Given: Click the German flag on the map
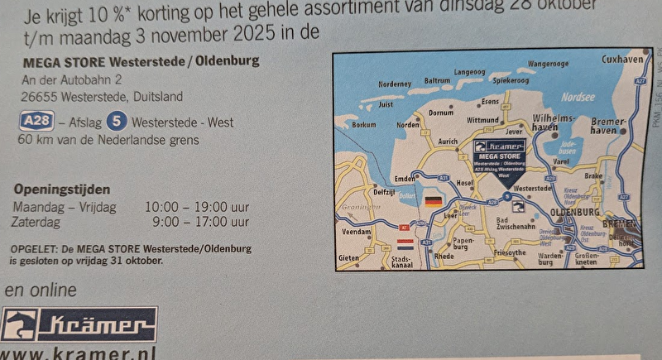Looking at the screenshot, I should click(x=432, y=201).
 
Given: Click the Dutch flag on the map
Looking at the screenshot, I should click(x=405, y=244).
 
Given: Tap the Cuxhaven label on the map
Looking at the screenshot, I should click(x=622, y=60).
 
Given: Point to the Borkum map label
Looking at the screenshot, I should click(x=364, y=125).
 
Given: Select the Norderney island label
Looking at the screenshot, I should click(x=394, y=84).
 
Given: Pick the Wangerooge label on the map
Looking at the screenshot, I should click(x=548, y=64).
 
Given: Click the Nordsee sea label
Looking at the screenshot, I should click(x=578, y=97).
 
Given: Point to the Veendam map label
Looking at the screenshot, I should click(x=357, y=233).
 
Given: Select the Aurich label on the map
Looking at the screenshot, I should click(x=447, y=142).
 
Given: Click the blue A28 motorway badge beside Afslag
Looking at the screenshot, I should click(x=36, y=122).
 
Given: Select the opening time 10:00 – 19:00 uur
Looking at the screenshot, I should click(x=196, y=206).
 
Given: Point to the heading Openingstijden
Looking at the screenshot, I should click(x=61, y=190).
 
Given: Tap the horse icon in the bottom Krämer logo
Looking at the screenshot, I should click(x=20, y=324).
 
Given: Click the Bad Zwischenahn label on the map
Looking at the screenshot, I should click(x=516, y=222).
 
